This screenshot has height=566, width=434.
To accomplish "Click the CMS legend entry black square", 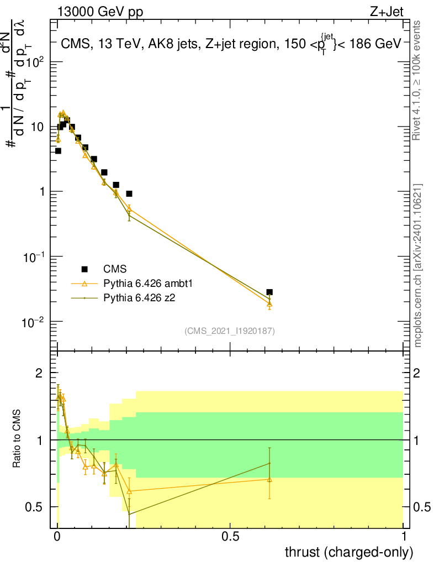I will tap(84, 269).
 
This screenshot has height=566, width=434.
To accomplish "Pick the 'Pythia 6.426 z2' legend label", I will tap(142, 298).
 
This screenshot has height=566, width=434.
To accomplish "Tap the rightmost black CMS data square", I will tap(269, 292).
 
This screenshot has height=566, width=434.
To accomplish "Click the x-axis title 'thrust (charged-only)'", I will tap(348, 552).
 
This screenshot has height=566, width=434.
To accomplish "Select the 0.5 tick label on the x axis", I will tap(230, 536).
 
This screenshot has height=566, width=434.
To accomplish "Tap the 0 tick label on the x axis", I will tap(57, 536).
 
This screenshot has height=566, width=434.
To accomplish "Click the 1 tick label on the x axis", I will tap(404, 536).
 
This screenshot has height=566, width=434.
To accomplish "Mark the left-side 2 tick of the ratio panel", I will tap(40, 374).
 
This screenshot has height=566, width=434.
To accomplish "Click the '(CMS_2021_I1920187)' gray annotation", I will tap(230, 331).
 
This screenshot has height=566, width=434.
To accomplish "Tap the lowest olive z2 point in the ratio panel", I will tap(129, 514).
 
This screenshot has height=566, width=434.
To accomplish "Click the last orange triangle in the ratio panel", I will tap(269, 479).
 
